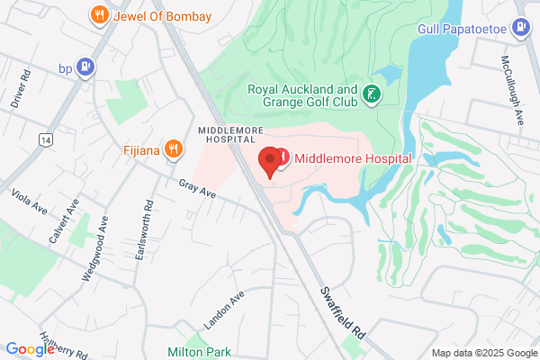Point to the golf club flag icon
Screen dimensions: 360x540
click(x=370, y=94)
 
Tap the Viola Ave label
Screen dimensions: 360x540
click(x=29, y=202)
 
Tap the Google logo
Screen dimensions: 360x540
click(x=30, y=349)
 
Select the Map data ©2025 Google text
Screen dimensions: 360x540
click(x=482, y=353)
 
